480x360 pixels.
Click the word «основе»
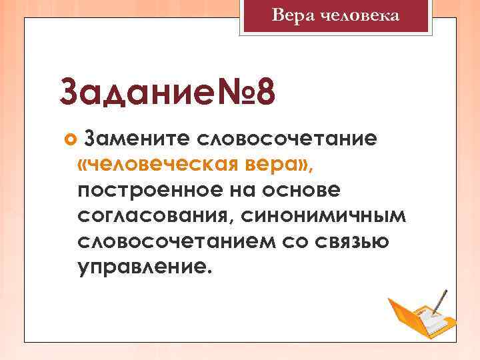(303, 190)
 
